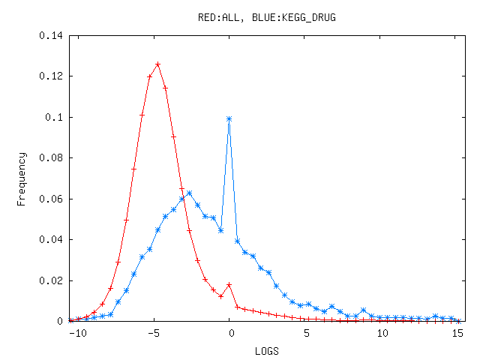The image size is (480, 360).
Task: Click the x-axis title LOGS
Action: pyautogui.click(x=266, y=350)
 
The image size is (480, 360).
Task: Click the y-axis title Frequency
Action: pyautogui.click(x=22, y=178)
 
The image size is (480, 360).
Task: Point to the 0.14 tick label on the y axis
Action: pyautogui.click(x=52, y=35)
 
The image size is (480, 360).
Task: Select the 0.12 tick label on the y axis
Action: pyautogui.click(x=52, y=76)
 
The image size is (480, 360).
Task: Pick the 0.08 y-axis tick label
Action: pyautogui.click(x=52, y=158)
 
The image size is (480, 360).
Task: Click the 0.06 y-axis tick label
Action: pyautogui.click(x=52, y=199)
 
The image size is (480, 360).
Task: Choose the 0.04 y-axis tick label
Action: pyautogui.click(x=52, y=240)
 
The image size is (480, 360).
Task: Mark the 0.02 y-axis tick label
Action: pyautogui.click(x=52, y=280)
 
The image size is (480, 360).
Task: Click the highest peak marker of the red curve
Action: pyautogui.click(x=157, y=64)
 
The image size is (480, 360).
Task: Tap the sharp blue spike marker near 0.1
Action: pyautogui.click(x=229, y=118)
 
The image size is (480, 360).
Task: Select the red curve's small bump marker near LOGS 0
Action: pyautogui.click(x=229, y=284)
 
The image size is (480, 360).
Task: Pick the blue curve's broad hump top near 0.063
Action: pyautogui.click(x=189, y=193)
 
